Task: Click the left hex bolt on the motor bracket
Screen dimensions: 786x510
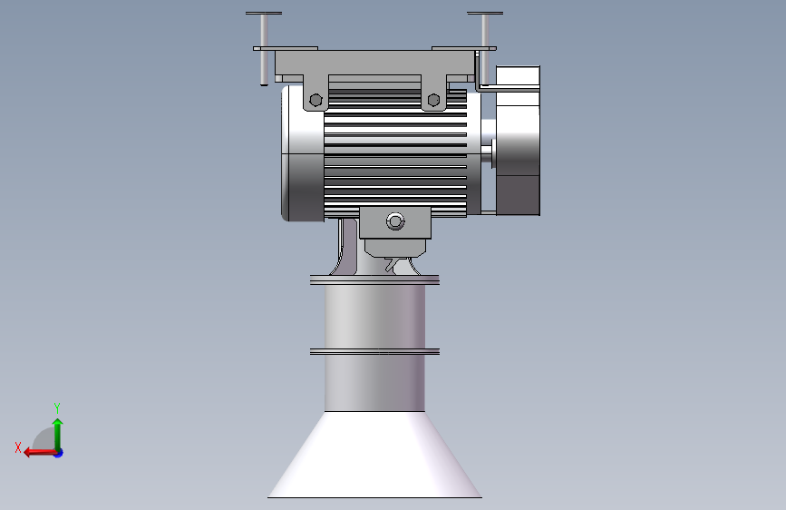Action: click(315, 100)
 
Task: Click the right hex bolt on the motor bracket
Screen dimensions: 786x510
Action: click(433, 100)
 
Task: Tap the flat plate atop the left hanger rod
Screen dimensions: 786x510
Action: click(264, 13)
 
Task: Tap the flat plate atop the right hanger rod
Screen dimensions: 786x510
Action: click(485, 13)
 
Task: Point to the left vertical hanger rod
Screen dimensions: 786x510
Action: click(264, 50)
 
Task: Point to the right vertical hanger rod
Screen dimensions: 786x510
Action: click(485, 50)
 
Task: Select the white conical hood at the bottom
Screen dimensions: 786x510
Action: click(375, 455)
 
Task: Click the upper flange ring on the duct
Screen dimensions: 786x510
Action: click(375, 280)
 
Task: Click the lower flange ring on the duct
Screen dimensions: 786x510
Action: click(375, 352)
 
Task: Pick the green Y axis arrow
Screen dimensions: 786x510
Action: click(58, 435)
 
